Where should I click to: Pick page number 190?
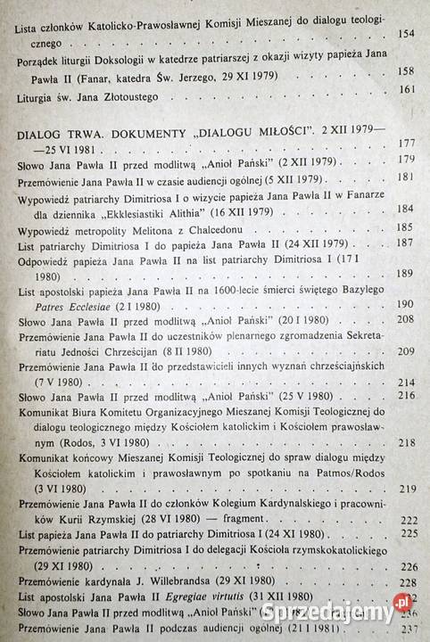[x=406, y=303]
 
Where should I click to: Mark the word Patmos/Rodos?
[x=331, y=473]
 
